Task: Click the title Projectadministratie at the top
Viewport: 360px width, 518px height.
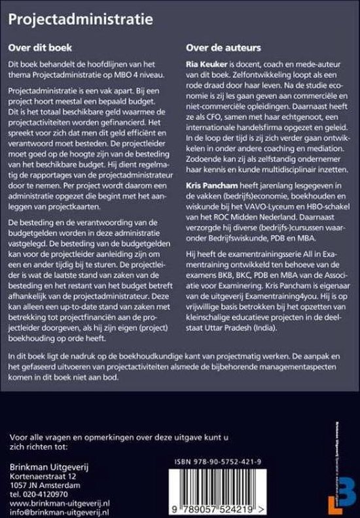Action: pos(81,20)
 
